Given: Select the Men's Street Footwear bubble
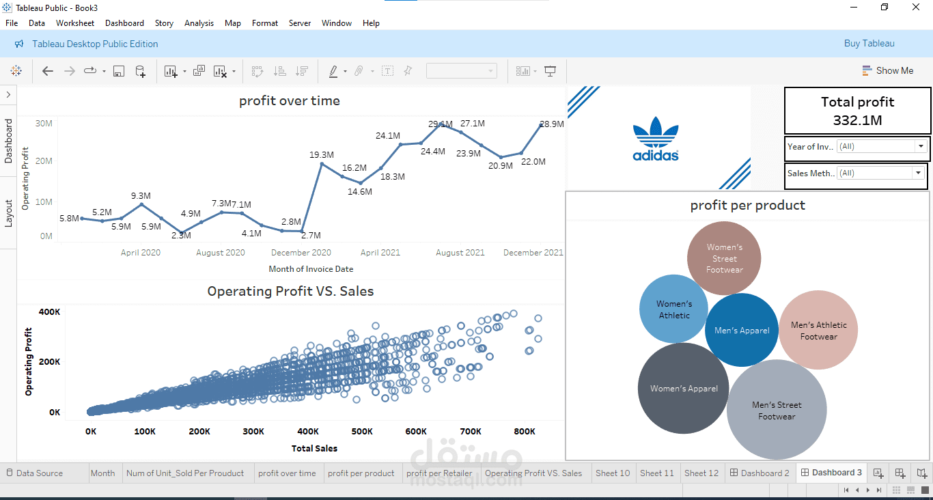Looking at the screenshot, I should tap(777, 411).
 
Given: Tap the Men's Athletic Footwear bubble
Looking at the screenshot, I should tap(818, 331).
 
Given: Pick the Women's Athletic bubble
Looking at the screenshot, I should tap(674, 309).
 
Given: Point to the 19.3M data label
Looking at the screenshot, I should tap(322, 155).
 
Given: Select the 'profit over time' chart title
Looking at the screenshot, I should tap(290, 101).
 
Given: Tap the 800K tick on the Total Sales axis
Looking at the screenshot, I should tap(525, 432).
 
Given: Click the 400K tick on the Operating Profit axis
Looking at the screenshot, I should tap(49, 312).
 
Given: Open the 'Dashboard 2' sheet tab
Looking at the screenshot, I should tap(760, 473).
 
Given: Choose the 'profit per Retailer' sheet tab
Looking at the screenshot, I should tap(439, 473).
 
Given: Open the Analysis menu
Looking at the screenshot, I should tap(199, 23).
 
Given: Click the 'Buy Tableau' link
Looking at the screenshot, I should tap(869, 44).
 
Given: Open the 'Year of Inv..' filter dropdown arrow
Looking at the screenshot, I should tap(921, 146).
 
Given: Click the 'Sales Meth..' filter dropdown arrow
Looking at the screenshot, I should tap(918, 173).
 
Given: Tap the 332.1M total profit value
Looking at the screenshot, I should tap(857, 120).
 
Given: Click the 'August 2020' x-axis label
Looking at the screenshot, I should tap(220, 253).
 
